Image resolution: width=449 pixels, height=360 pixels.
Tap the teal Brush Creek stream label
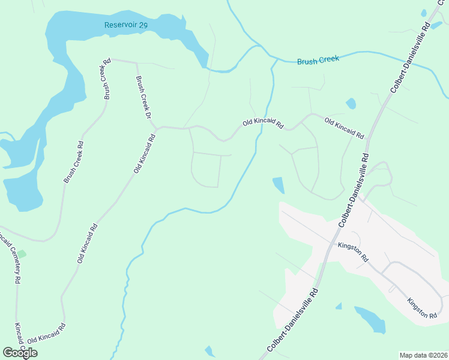tap(318, 60)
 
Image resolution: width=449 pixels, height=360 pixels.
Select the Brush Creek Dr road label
tap(142, 97)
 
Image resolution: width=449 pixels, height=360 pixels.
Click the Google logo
tap(20, 353)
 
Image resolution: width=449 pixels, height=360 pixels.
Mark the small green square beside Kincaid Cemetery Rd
tap(22, 254)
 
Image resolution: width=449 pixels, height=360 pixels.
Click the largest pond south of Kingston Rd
tap(370, 319)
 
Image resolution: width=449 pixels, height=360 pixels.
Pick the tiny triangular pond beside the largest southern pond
tap(339, 307)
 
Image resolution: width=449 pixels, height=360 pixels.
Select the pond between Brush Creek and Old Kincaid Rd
tap(351, 103)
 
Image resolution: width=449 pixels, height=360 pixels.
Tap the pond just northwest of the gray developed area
tap(279, 185)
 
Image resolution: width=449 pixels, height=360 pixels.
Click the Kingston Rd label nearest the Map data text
tap(421, 308)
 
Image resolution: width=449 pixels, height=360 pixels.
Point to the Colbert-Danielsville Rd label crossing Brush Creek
tap(410, 58)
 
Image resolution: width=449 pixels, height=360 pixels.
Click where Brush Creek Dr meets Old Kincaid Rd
tap(155, 128)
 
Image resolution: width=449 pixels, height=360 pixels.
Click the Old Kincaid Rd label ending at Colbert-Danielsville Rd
tap(344, 128)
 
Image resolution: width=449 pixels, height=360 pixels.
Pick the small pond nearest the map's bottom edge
tap(209, 351)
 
